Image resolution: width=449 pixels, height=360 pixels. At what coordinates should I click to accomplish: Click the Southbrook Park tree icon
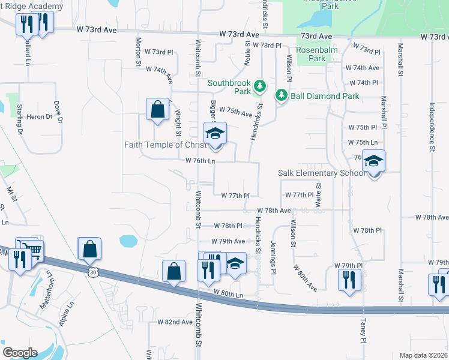tap(259, 86)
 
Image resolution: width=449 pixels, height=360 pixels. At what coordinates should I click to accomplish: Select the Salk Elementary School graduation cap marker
tap(373, 162)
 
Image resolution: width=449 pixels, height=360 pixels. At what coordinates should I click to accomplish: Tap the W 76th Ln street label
tap(200, 161)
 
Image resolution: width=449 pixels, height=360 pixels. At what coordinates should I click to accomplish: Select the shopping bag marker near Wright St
tap(157, 110)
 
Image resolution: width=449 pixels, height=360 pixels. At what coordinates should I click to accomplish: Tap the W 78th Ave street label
tap(274, 211)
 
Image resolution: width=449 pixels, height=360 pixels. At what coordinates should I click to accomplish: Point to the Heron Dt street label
tap(40, 117)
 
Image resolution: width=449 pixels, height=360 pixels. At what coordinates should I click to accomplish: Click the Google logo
tap(20, 352)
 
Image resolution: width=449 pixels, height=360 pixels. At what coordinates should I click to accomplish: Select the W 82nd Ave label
tap(175, 322)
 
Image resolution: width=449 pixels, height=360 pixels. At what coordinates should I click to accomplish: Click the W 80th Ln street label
tap(228, 293)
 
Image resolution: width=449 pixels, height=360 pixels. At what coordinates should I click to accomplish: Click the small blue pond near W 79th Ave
tap(128, 241)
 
